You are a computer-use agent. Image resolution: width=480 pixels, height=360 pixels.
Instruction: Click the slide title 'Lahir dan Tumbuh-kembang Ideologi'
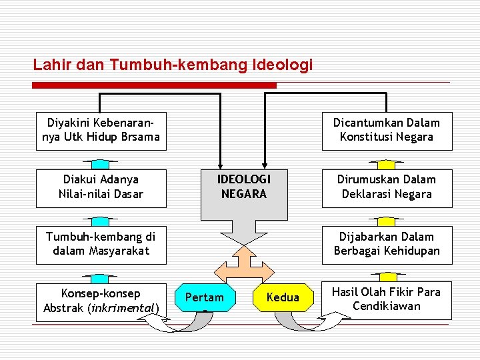(173, 65)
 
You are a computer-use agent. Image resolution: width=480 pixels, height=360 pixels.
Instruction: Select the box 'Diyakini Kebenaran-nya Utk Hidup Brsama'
(100, 130)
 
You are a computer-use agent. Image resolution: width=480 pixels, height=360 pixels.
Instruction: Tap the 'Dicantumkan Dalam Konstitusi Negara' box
(387, 130)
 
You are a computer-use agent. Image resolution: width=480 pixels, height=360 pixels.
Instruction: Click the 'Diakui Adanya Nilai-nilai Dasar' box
(100, 187)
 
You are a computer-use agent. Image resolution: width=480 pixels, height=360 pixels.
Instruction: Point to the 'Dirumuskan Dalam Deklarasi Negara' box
(387, 187)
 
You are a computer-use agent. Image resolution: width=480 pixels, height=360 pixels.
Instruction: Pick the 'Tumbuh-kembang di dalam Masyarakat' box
(100, 244)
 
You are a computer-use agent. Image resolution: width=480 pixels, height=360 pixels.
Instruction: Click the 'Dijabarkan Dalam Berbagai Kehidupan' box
(387, 244)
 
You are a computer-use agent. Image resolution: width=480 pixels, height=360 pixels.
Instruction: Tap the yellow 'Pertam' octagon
(204, 297)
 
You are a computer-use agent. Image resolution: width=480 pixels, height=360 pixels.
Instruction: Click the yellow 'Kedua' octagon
(283, 297)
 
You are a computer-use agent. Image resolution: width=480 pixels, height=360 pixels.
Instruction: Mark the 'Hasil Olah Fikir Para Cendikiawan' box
(387, 299)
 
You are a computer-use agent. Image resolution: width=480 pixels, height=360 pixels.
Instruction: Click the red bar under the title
(154, 85)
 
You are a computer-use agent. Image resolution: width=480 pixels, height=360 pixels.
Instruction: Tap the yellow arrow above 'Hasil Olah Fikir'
(387, 275)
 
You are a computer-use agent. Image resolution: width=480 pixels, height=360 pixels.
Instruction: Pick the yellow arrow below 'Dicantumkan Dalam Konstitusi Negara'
(387, 163)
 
